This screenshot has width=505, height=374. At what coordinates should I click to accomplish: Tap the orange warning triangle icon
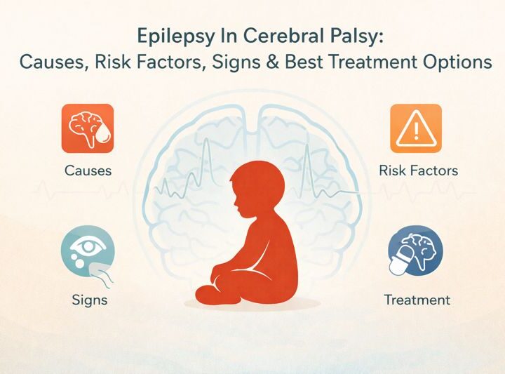pos(416,129)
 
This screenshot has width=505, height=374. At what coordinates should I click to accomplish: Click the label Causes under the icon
pos(88,171)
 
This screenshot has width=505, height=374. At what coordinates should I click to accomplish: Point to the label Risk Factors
pos(418,171)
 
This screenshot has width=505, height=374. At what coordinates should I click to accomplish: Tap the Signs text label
pos(90,300)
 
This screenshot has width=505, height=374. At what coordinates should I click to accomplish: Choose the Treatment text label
pos(417,300)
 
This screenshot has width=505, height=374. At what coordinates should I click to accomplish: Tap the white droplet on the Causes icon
pos(104,140)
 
